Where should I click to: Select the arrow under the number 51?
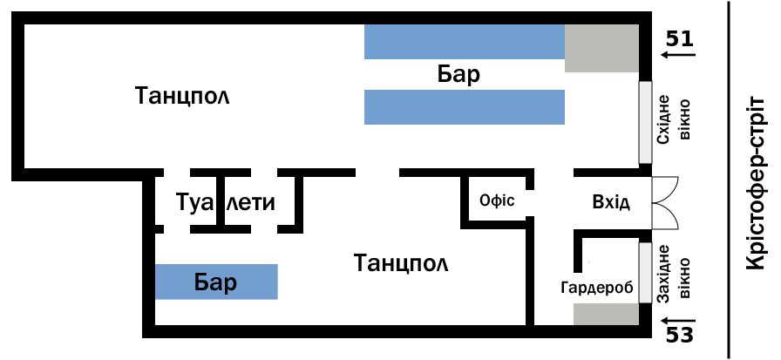coord(677,54)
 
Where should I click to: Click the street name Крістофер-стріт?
coord(756,183)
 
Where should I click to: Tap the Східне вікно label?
coord(674,121)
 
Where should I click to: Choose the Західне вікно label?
coord(674,278)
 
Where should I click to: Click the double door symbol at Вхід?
coord(665,202)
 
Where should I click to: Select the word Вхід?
coord(611,203)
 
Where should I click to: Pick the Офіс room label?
coord(497,200)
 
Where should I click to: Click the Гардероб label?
coord(597,288)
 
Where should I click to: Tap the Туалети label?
coord(226,202)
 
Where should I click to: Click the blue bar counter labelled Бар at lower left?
coord(216,282)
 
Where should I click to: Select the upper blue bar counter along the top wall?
coord(465,42)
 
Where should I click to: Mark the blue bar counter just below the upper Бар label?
coord(465,107)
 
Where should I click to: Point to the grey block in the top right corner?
coord(601,48)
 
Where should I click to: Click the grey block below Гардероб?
coord(606,314)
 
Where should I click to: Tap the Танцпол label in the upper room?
coord(182,96)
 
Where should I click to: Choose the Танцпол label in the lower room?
coord(401,263)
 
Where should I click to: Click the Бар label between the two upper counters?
coord(458,75)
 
